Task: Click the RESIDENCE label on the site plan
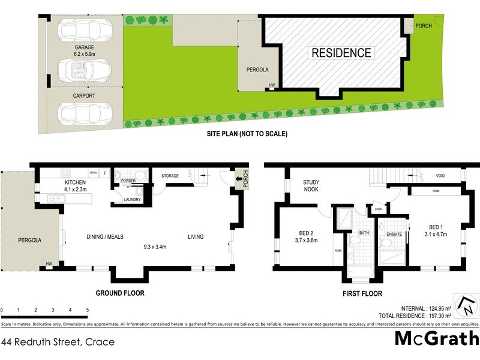click(x=341, y=53)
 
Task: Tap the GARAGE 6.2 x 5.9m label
click(x=85, y=50)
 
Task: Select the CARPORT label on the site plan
click(x=85, y=95)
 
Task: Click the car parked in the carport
click(x=85, y=112)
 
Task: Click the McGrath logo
click(x=436, y=338)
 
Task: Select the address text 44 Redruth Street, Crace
click(x=58, y=342)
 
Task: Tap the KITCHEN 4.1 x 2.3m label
click(x=76, y=186)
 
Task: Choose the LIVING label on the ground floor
click(x=196, y=237)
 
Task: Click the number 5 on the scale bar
click(x=88, y=310)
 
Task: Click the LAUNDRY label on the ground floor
click(x=132, y=200)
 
